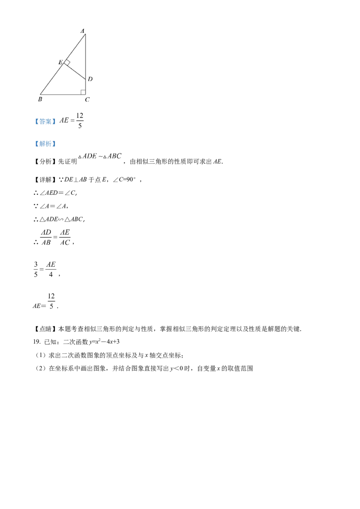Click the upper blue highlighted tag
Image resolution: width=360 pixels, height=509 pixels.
(x=45, y=121)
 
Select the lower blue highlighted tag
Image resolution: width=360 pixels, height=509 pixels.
(x=45, y=144)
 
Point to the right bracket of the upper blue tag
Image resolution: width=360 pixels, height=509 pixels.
(x=54, y=121)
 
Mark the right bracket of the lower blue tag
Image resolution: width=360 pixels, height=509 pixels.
(x=54, y=144)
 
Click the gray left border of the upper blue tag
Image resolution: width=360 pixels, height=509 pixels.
(x=33, y=121)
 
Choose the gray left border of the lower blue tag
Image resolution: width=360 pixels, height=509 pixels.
(x=33, y=144)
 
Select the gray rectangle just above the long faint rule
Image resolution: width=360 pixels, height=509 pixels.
(x=82, y=90)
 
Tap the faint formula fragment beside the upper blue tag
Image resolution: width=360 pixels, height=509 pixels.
(x=72, y=121)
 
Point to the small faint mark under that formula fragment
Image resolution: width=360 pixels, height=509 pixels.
(x=79, y=128)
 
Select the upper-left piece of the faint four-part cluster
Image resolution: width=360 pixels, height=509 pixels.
(x=45, y=233)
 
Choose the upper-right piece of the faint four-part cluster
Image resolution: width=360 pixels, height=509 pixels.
(x=65, y=233)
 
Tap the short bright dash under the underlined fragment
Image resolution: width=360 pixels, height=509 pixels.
(x=42, y=270)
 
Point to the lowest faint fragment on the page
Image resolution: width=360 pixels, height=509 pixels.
(x=52, y=300)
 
